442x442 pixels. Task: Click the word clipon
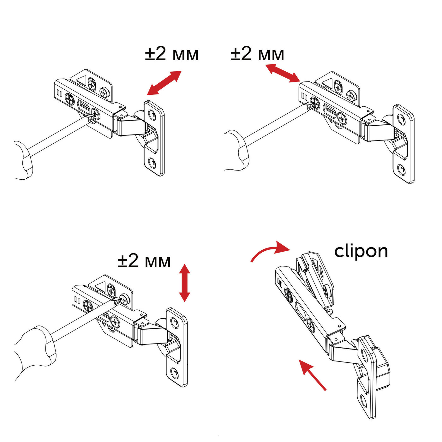pos(361,252)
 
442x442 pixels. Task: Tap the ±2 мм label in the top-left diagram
pos(172,54)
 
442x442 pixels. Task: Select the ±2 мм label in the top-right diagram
pos(257,54)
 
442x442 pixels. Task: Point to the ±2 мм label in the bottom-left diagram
pos(144,261)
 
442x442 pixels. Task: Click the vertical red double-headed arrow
pos(184,283)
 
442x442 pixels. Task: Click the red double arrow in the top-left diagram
pos(164,83)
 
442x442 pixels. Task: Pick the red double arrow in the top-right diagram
pos(282,73)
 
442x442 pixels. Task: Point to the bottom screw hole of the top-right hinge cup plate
pos(402,169)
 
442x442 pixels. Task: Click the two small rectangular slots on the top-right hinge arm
pos(304,96)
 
